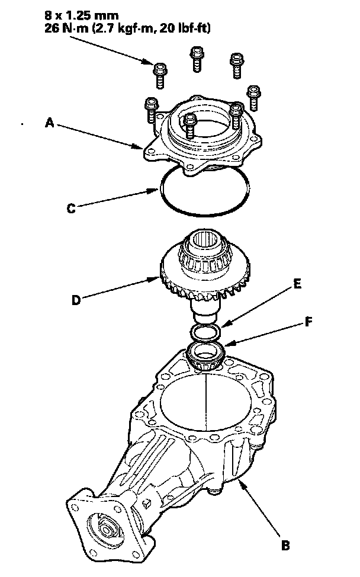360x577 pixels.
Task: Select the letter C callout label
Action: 70,208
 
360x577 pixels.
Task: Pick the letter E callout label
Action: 298,284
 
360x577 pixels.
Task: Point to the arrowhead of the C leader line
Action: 159,190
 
